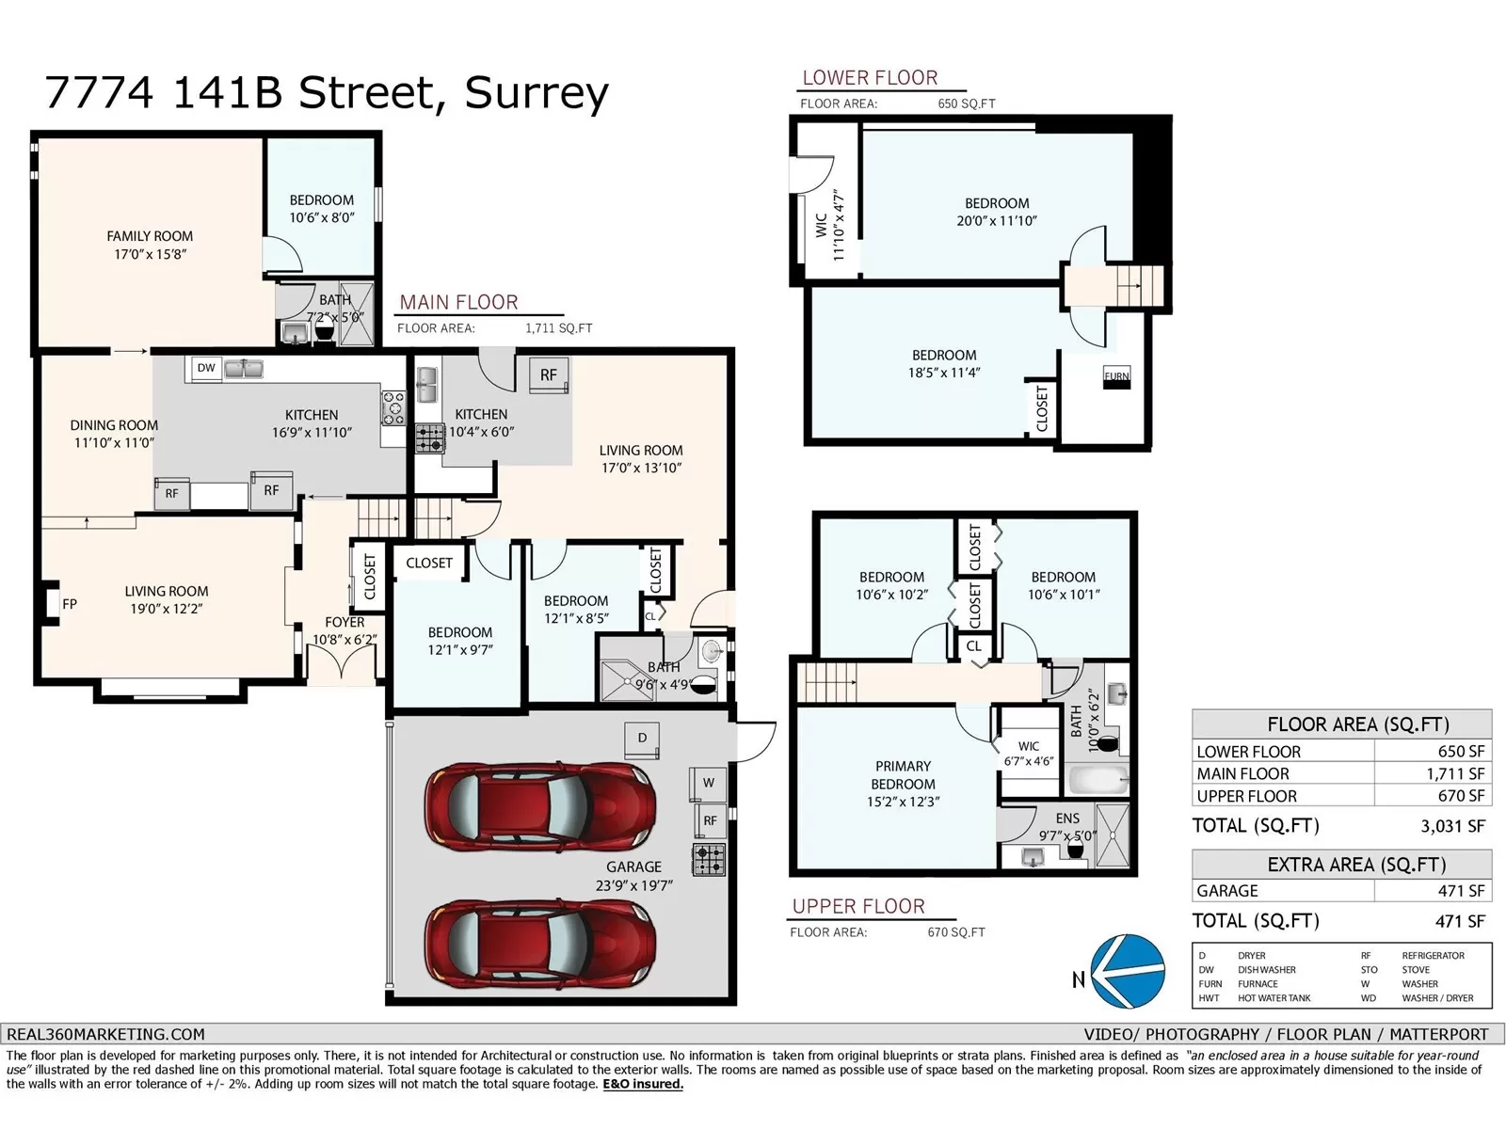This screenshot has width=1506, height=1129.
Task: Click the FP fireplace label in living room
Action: [69, 604]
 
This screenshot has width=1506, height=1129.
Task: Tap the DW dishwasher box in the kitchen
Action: [206, 368]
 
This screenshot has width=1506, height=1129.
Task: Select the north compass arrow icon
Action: [1126, 972]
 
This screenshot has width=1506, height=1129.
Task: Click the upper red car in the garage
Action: [539, 806]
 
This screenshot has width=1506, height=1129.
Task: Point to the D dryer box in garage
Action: [642, 738]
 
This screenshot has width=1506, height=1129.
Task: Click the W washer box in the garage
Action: [708, 783]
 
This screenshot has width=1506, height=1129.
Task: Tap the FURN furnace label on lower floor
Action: [1116, 376]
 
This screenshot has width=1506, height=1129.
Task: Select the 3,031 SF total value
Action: [1452, 826]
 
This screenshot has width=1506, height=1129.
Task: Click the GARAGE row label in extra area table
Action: [1226, 890]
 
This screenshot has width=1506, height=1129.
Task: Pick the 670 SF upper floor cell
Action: [1462, 796]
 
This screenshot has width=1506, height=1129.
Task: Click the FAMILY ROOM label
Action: [150, 236]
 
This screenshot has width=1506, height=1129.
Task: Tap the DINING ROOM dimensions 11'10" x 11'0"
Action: [114, 442]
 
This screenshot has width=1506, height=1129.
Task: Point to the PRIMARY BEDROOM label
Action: [903, 775]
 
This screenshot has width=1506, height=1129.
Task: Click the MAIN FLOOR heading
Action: [458, 302]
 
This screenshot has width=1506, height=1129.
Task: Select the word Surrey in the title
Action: [537, 92]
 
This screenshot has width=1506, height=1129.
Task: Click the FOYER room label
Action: [344, 622]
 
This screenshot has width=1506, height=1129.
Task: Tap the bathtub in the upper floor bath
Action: [1097, 780]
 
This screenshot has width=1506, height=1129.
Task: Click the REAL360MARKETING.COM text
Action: [105, 1034]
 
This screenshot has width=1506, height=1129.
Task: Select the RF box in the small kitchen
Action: [548, 374]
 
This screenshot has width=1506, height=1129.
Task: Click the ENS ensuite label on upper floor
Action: [1067, 819]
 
